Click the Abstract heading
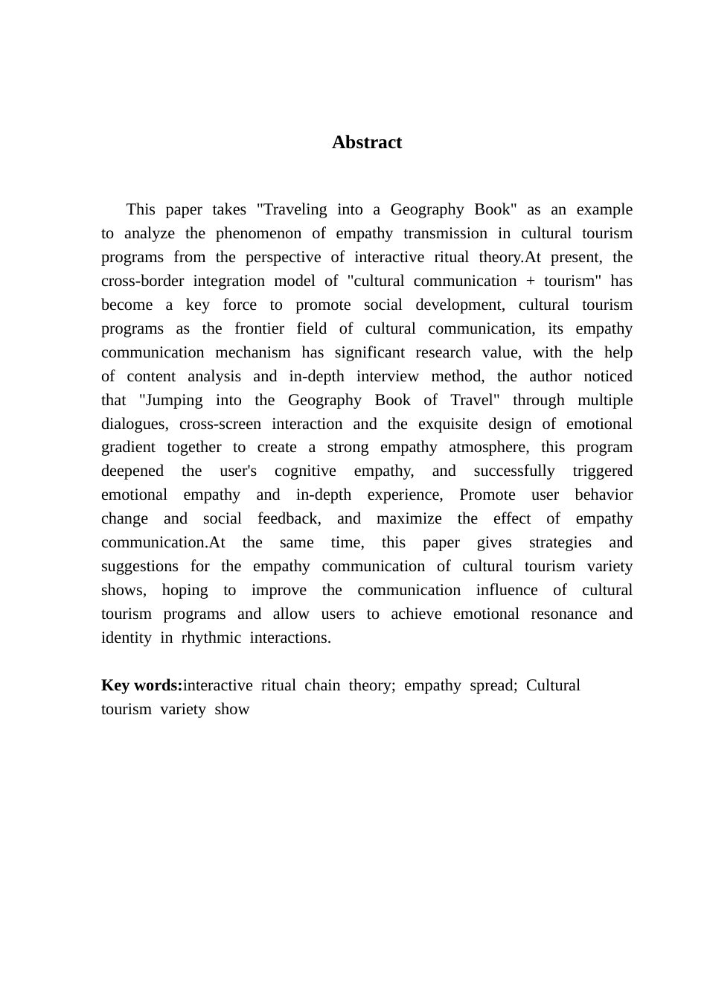366,142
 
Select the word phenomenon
258,233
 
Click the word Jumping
170,400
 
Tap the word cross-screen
220,424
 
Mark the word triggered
602,471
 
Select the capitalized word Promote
487,495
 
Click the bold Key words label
141,685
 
